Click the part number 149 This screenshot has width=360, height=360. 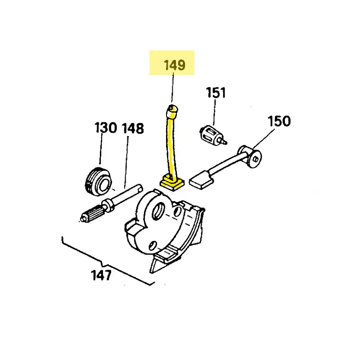(x=175, y=65)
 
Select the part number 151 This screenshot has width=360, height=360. (x=216, y=93)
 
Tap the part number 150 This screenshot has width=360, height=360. (x=279, y=121)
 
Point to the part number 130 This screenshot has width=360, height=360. (x=106, y=127)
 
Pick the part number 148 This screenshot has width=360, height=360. (x=133, y=128)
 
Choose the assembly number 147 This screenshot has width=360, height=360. (x=101, y=275)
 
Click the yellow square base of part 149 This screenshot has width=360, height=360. (x=172, y=183)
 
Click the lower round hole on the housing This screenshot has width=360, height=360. (x=153, y=246)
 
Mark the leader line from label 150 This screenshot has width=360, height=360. (x=263, y=139)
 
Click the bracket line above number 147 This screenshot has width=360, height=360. (x=108, y=261)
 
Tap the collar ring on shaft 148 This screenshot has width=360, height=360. (x=108, y=205)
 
